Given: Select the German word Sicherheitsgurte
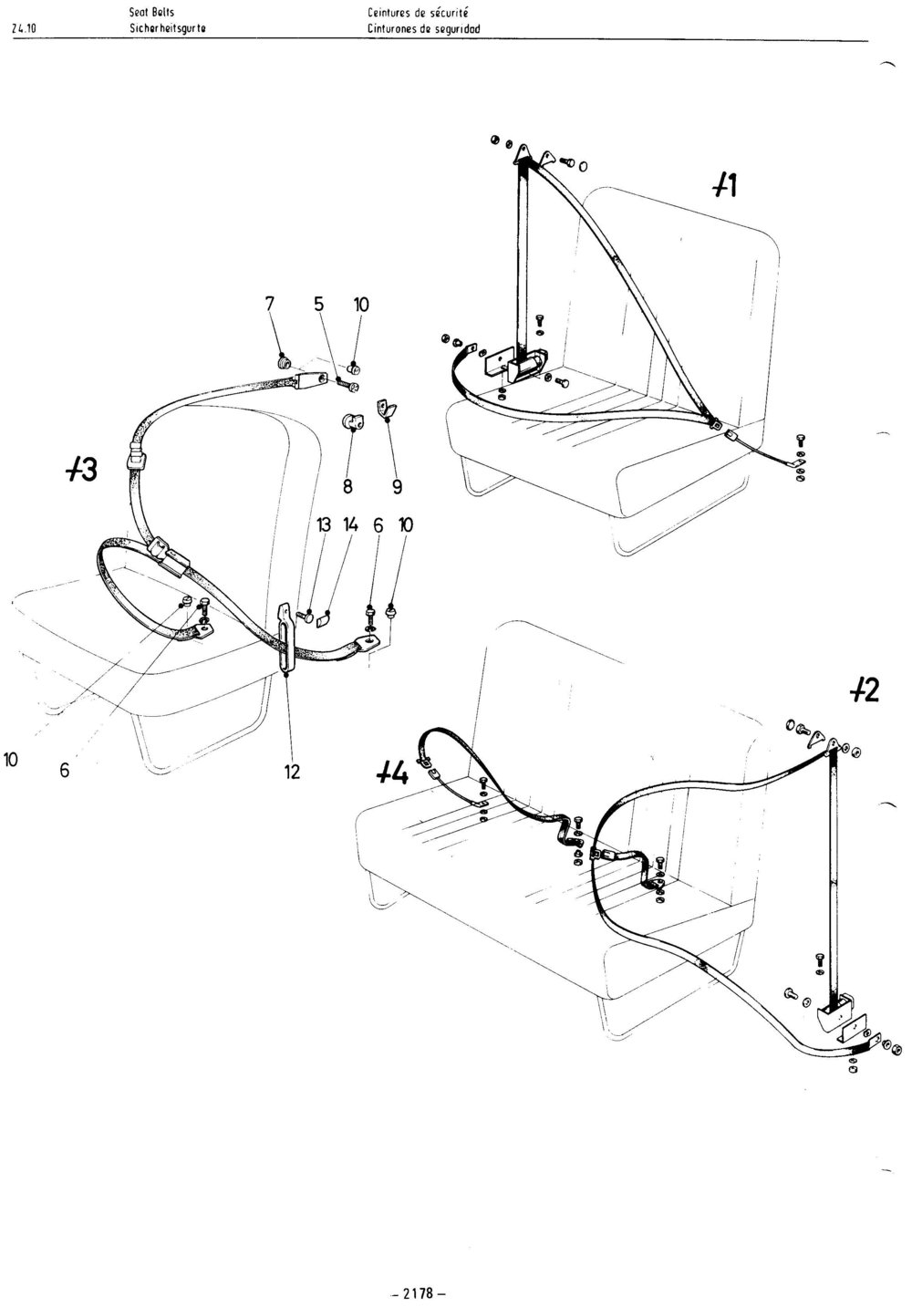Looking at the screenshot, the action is [x=168, y=28].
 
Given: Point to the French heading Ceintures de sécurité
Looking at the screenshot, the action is [x=419, y=12].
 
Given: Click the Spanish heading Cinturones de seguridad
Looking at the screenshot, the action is [x=424, y=28].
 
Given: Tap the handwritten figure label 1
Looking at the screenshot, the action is [x=725, y=186].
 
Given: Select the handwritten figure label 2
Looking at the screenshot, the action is [x=865, y=691].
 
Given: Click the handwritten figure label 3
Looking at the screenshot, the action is [x=82, y=471].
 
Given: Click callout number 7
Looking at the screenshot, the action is [x=269, y=304].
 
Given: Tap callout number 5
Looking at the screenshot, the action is [x=318, y=304].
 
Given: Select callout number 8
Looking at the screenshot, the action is [x=347, y=487].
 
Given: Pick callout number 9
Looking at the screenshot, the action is [x=398, y=487].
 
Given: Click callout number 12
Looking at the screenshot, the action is [x=292, y=773].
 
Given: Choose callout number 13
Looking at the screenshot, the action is [x=323, y=525].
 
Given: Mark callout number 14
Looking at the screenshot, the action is [x=351, y=525].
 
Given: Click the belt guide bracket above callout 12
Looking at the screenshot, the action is [x=286, y=638].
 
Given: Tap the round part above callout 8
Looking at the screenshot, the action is [x=351, y=420].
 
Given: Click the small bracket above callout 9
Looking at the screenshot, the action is [x=386, y=409].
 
